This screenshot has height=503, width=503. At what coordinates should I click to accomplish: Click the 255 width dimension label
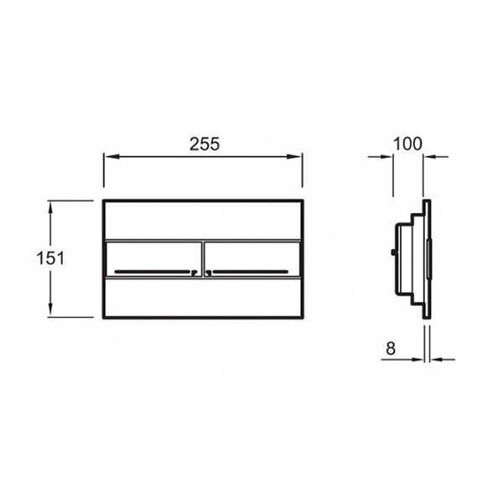[205, 144]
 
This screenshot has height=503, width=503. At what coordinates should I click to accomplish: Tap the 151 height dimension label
[50, 258]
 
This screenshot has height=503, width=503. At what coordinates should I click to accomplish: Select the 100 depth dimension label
[407, 144]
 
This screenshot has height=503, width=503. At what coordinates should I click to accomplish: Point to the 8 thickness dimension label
[391, 349]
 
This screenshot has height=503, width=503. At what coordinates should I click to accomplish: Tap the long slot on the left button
[153, 272]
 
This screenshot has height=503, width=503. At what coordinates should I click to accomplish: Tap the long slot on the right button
[250, 272]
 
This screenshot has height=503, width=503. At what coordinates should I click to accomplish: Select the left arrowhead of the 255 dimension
[111, 157]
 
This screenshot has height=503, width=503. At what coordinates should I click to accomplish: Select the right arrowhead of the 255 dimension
[294, 157]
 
